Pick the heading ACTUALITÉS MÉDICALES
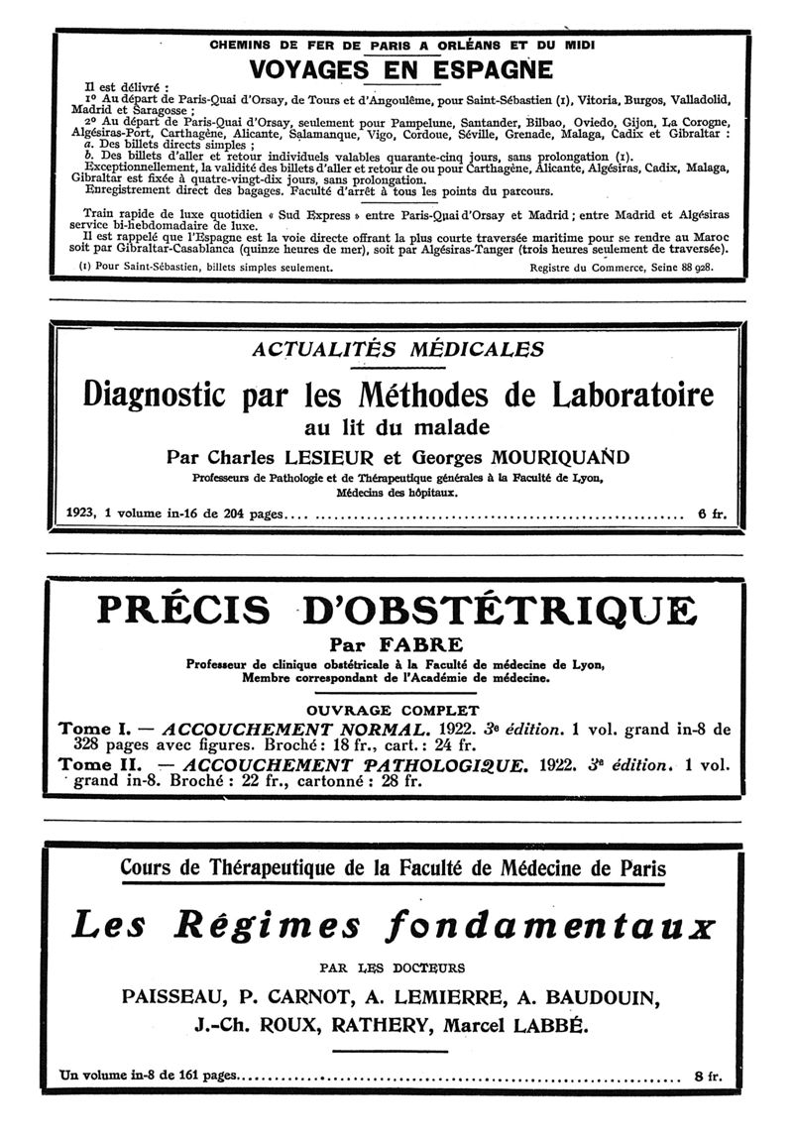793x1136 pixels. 398,349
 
